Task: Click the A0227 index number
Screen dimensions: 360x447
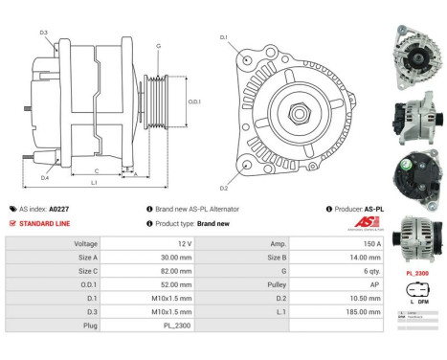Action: (x=60, y=208)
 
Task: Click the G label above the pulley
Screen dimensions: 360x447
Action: (x=158, y=46)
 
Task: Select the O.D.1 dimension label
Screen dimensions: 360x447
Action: (x=194, y=101)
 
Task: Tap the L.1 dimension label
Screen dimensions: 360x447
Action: (x=94, y=183)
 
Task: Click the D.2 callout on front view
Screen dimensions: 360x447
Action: (x=224, y=188)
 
